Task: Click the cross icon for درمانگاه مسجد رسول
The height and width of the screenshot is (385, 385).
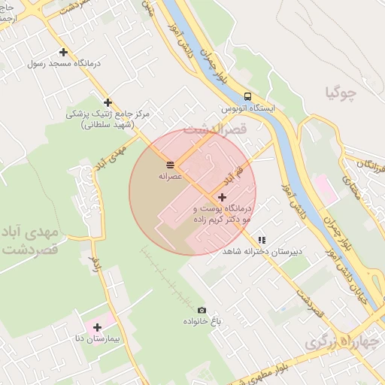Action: (x=63, y=53)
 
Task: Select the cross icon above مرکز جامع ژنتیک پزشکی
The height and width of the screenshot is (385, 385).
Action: (x=108, y=102)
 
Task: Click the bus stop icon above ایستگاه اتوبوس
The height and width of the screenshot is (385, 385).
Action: (x=247, y=96)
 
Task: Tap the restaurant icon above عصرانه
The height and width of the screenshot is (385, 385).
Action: (x=170, y=164)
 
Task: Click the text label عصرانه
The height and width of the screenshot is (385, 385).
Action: (x=170, y=176)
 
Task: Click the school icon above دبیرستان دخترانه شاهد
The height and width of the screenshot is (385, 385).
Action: (x=261, y=240)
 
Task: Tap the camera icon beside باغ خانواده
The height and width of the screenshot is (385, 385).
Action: (x=201, y=310)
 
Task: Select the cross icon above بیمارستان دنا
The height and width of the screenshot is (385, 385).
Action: (x=98, y=327)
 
